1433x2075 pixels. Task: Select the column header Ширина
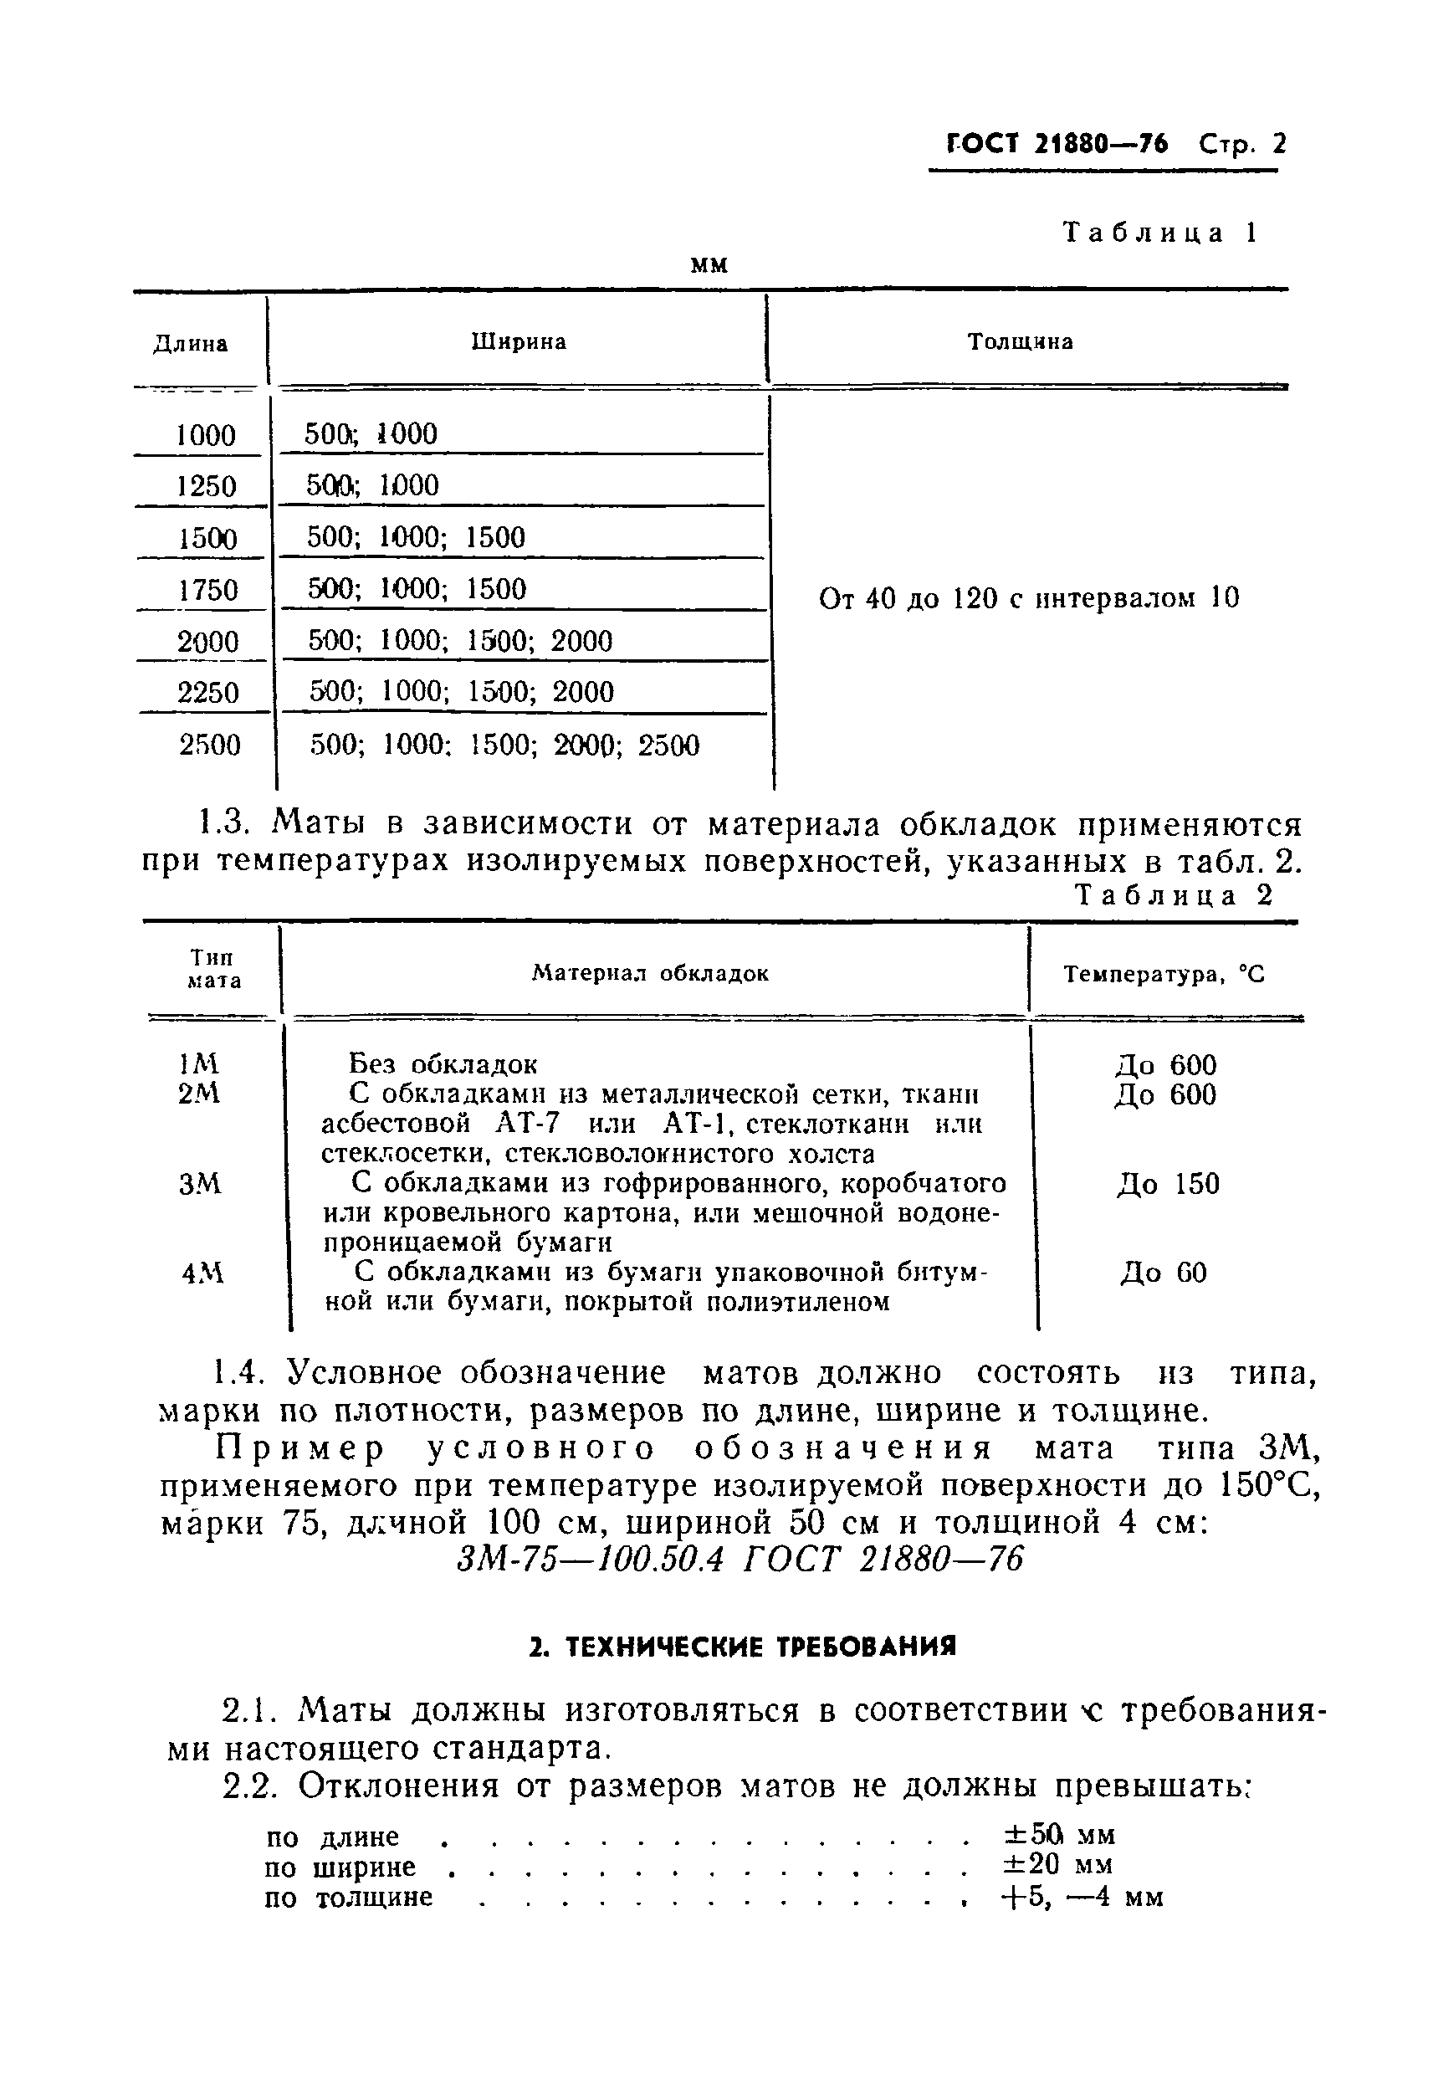click(x=518, y=342)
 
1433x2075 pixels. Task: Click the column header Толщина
click(x=1020, y=342)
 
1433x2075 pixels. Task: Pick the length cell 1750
click(x=207, y=591)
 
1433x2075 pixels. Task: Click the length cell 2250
click(x=208, y=693)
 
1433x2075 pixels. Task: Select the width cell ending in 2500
click(x=504, y=746)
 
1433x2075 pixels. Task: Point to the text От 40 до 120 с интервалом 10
click(x=1029, y=598)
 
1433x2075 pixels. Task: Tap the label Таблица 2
click(x=1175, y=895)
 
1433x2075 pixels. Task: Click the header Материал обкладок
click(x=650, y=974)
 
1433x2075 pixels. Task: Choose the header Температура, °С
click(x=1164, y=974)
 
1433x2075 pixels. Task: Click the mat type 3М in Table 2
click(x=199, y=1186)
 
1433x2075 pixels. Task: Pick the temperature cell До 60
click(x=1164, y=1273)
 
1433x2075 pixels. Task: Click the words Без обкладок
click(x=443, y=1065)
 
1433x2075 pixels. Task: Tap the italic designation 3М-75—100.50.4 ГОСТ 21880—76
click(x=739, y=1560)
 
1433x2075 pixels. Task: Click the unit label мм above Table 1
click(x=709, y=266)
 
